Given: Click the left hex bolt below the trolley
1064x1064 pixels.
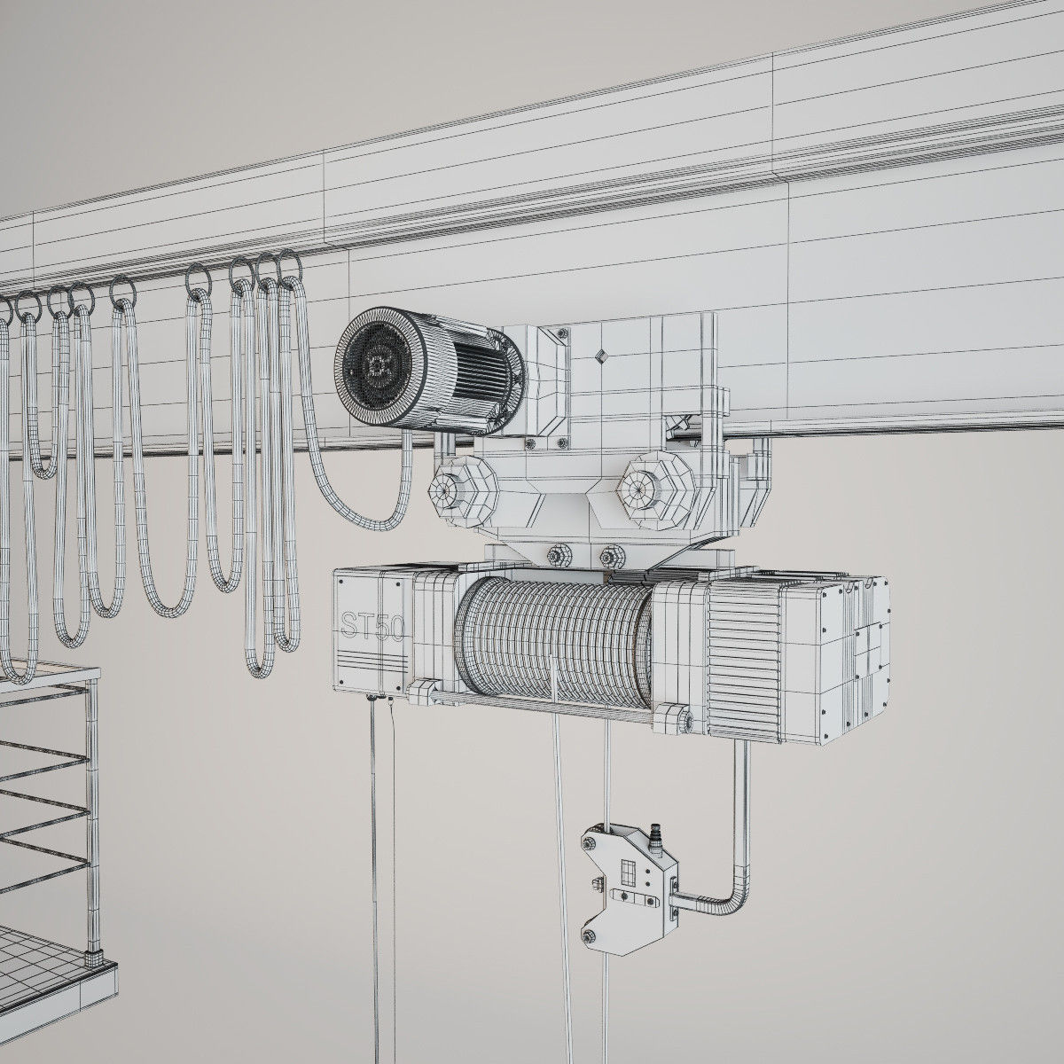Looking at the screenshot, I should coord(559,557).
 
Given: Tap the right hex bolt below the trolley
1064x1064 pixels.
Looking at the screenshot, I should coord(610,557).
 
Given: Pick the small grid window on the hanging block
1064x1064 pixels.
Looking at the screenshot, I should coord(627,874).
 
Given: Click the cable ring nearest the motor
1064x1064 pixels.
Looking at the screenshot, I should coord(289,264).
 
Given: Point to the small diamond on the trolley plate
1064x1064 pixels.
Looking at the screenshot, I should coord(600,356).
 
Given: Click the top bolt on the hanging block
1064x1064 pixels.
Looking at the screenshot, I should coord(591,840).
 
